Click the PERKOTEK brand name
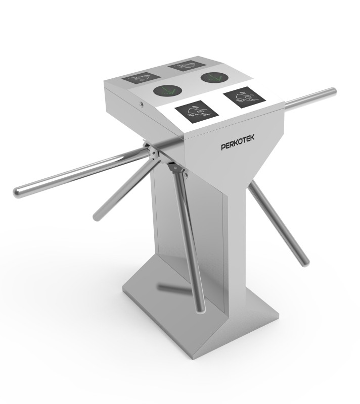[x=240, y=145]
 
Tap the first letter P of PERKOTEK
[x=223, y=147]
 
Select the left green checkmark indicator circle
[x=168, y=91]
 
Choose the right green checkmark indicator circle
[x=213, y=78]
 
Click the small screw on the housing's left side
[x=141, y=104]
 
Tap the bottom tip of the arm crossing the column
[x=201, y=308]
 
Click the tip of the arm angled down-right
[x=304, y=262]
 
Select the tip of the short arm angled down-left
[x=97, y=218]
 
